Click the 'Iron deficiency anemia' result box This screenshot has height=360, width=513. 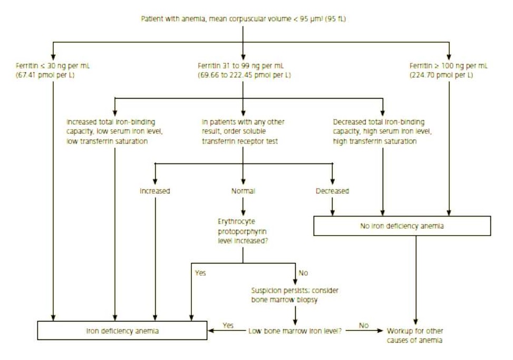pyautogui.click(x=122, y=331)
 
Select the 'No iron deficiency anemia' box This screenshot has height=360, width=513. pyautogui.click(x=402, y=226)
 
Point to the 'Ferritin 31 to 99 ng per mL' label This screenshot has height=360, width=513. pyautogui.click(x=241, y=66)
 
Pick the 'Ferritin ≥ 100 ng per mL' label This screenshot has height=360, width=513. pyautogui.click(x=448, y=66)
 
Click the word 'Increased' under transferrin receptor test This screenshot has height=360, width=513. pyautogui.click(x=155, y=191)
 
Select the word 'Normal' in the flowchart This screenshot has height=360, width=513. pyautogui.click(x=243, y=191)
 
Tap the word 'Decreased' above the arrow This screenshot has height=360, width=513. pyautogui.click(x=332, y=191)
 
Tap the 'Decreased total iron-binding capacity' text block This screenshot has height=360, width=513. pyautogui.click(x=378, y=132)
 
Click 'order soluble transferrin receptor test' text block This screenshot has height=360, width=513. pyautogui.click(x=244, y=132)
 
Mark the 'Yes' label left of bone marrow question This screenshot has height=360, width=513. pyautogui.click(x=228, y=326)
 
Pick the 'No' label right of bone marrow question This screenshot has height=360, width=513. pyautogui.click(x=364, y=326)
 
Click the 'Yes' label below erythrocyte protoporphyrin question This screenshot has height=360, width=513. pyautogui.click(x=200, y=273)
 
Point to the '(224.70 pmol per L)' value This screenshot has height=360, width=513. pyautogui.click(x=441, y=75)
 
